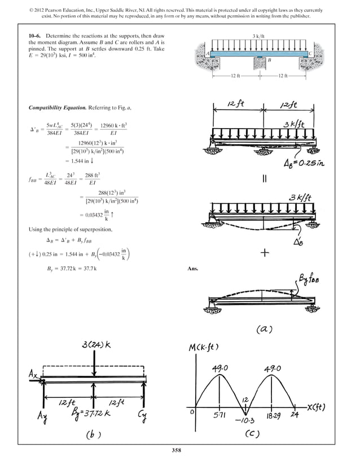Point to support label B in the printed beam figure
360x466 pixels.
270,59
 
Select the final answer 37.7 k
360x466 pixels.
89,269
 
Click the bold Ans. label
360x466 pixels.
193,269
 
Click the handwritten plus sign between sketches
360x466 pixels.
264,253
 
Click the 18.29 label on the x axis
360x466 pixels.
273,415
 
